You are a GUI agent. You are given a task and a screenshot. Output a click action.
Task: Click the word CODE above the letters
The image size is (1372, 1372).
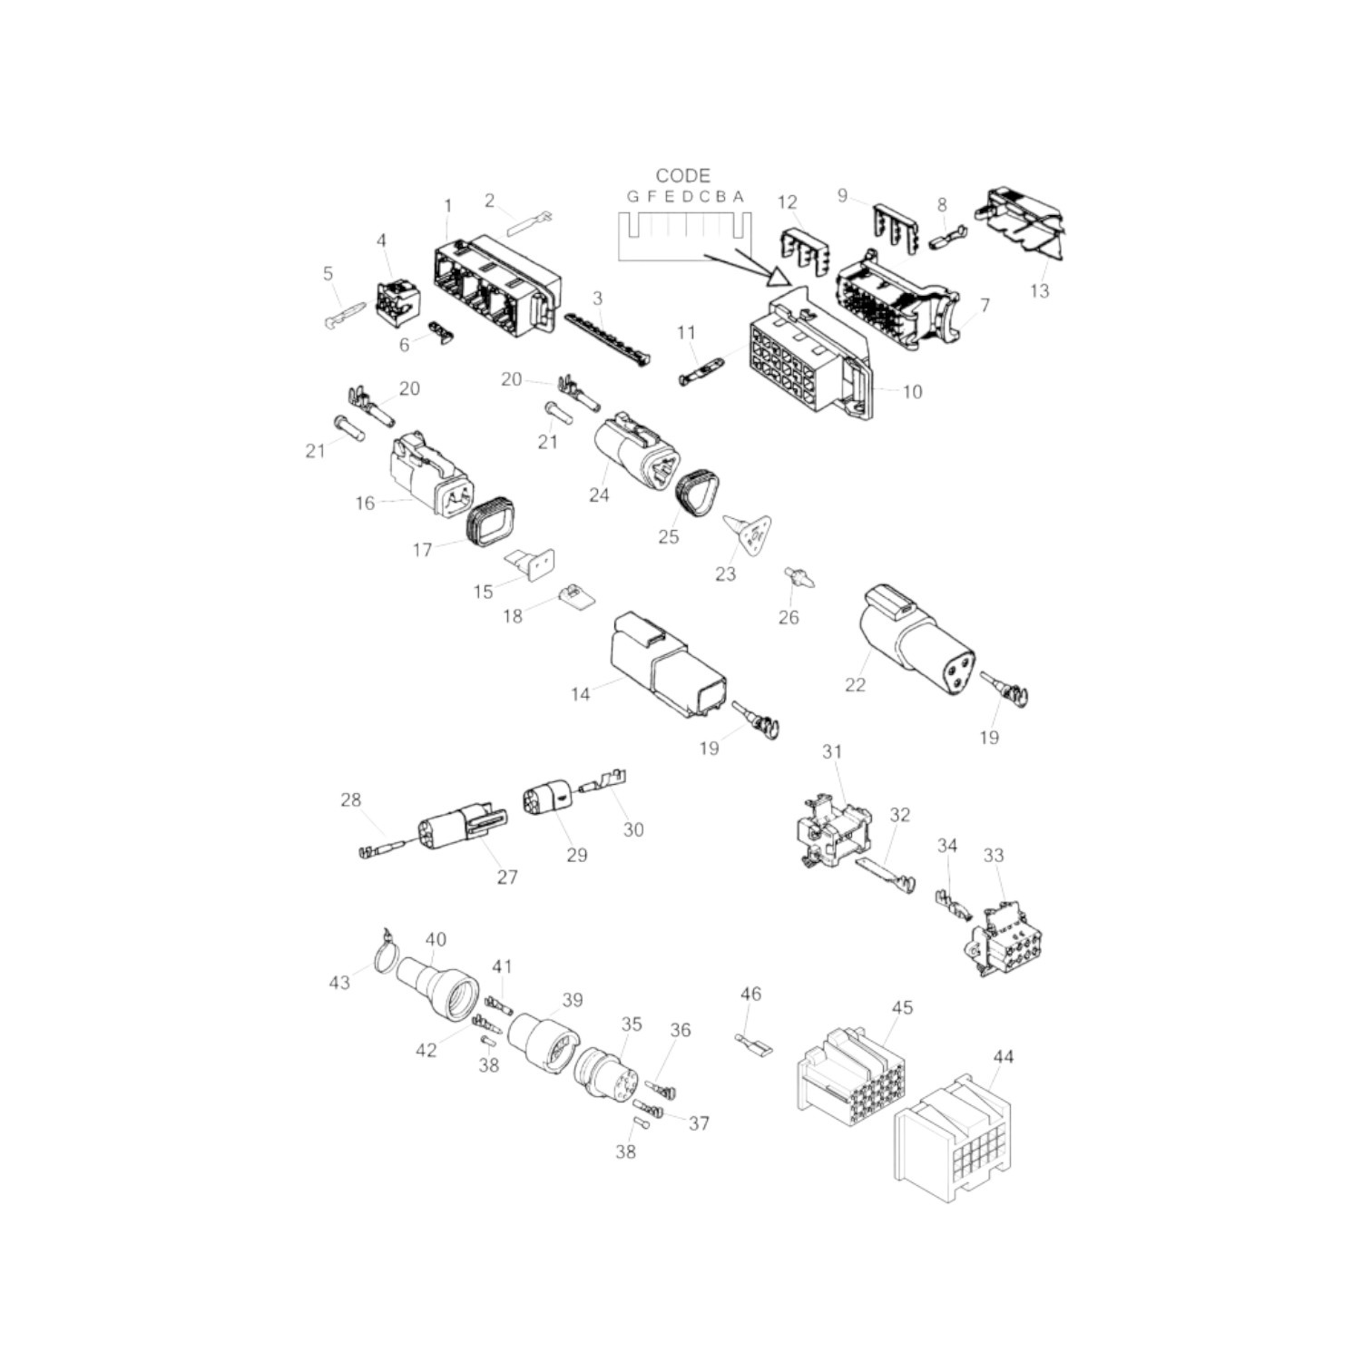coord(683,175)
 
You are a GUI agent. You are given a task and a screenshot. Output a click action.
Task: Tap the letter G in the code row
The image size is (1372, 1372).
coord(633,196)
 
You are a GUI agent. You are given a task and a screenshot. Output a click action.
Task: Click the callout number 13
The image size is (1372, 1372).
coord(1039,290)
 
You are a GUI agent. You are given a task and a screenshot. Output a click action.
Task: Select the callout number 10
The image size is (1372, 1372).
coord(912,391)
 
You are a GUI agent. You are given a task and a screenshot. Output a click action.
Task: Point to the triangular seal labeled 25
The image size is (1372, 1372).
coord(700,494)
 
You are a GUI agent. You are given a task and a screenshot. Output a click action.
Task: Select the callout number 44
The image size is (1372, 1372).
coord(1004,1056)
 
